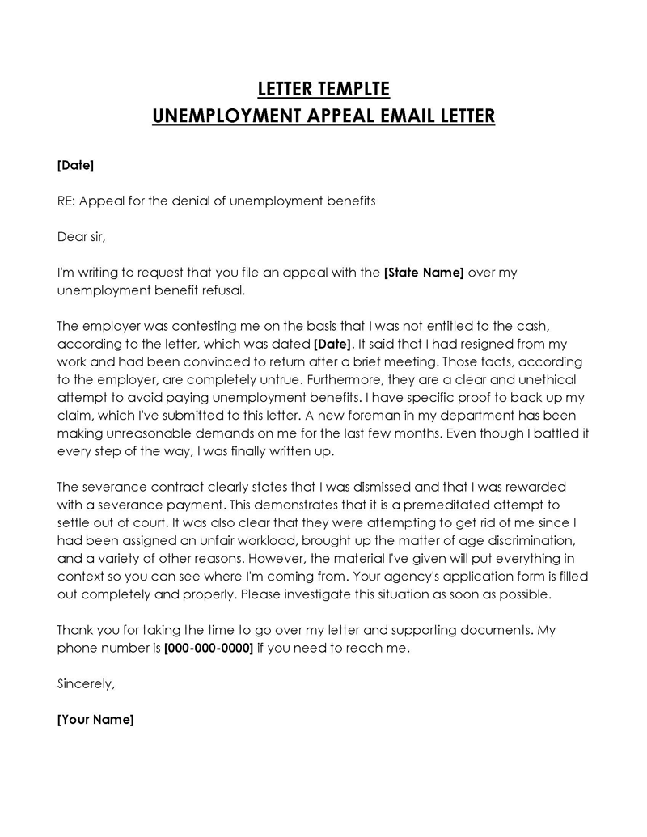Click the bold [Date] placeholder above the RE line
click(x=75, y=165)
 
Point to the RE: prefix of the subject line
click(x=66, y=201)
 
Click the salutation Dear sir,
click(x=82, y=236)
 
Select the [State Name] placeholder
click(x=424, y=272)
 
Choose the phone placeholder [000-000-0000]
click(x=209, y=647)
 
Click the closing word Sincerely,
click(x=87, y=683)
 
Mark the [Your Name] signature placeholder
click(x=95, y=719)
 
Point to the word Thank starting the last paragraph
click(x=75, y=629)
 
